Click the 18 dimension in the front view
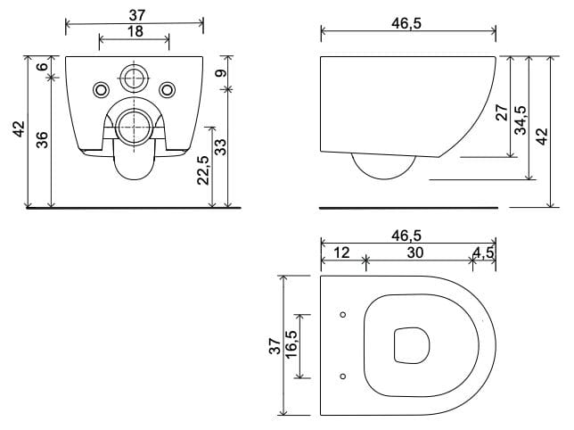[134, 30]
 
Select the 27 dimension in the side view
[501, 112]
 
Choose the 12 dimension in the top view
[341, 252]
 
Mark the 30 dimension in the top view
[415, 252]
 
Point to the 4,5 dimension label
[484, 252]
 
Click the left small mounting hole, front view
[100, 89]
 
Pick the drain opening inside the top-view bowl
[411, 345]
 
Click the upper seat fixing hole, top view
[344, 315]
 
